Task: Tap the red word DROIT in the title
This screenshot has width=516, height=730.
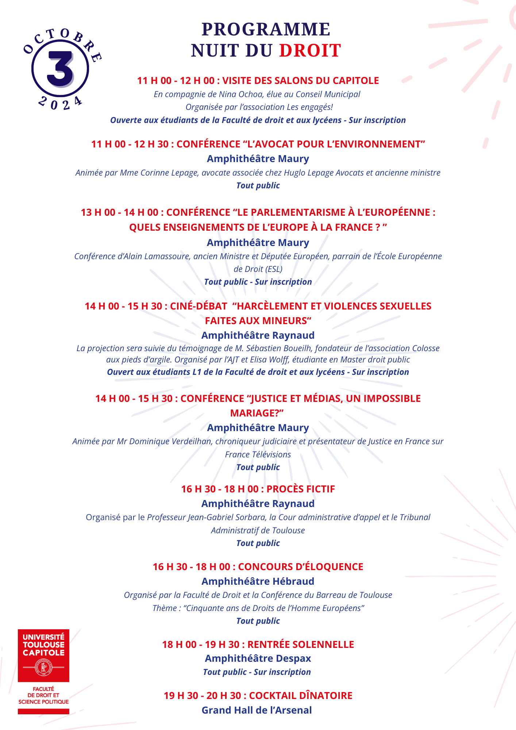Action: [310, 50]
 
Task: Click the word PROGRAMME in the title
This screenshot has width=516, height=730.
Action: [266, 29]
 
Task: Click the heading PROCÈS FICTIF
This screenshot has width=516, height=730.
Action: [301, 489]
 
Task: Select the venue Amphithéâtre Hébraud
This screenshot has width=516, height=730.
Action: [258, 581]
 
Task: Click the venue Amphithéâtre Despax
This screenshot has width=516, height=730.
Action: [258, 658]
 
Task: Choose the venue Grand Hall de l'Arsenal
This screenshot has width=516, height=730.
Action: [257, 710]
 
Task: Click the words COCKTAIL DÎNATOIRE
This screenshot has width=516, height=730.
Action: [301, 696]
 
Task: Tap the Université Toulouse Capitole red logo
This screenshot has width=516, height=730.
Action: [43, 655]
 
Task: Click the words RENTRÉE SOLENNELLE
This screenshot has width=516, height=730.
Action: [301, 645]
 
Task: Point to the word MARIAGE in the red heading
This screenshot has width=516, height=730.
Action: [254, 413]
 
